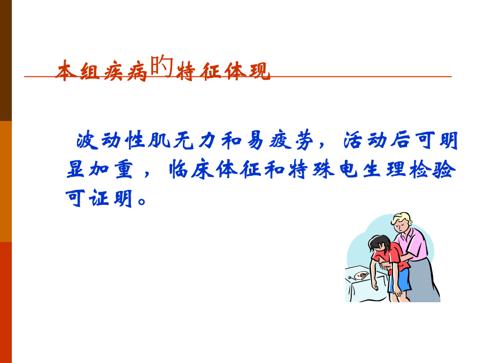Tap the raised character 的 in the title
[x=162, y=66]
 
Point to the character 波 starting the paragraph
[x=87, y=140]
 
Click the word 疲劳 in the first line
[x=291, y=140]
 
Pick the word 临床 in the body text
[x=191, y=169]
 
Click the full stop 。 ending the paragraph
[x=143, y=201]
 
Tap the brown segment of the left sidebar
[x=6, y=60]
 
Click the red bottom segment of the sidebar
[x=6, y=302]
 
